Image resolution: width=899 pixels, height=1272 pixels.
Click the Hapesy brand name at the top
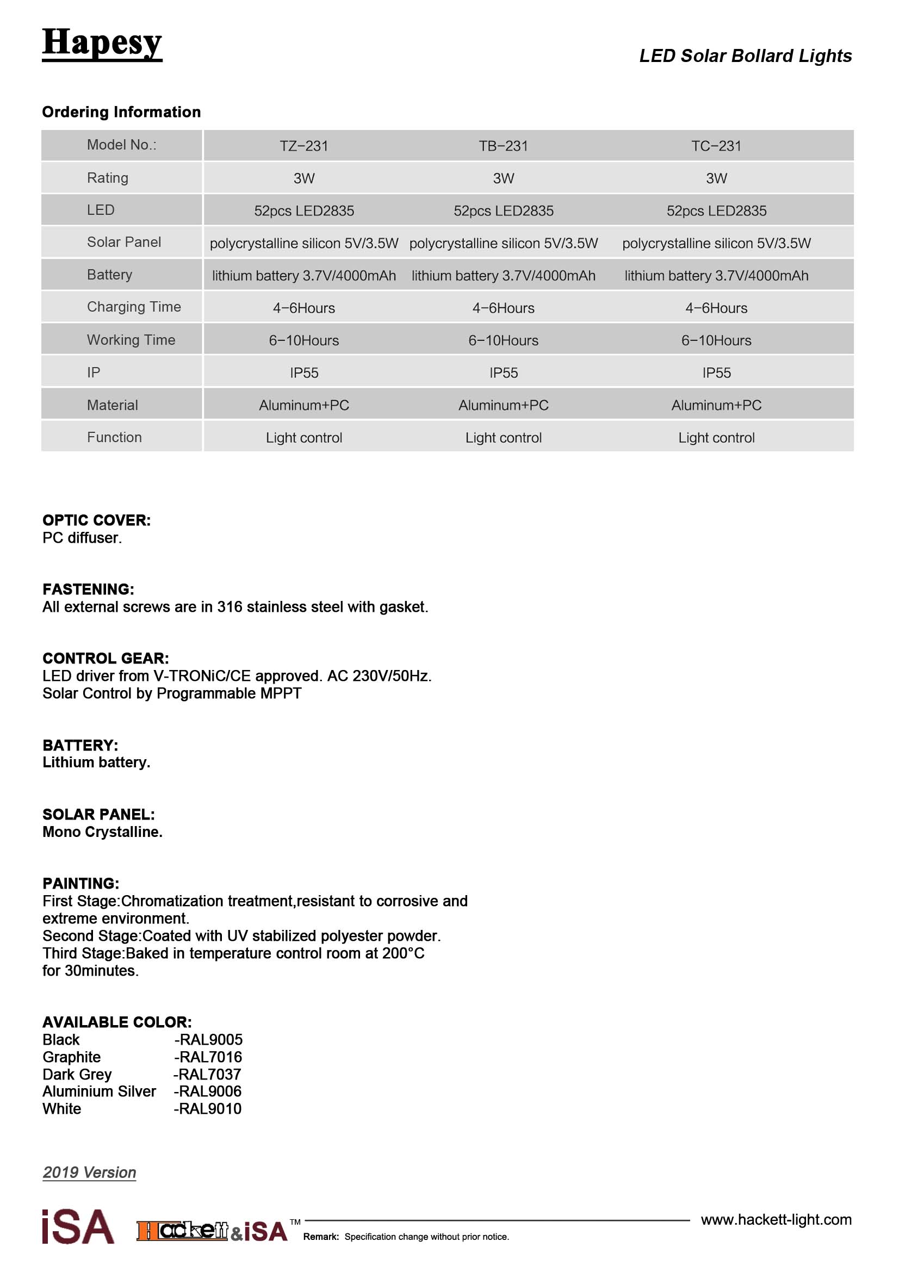(x=102, y=43)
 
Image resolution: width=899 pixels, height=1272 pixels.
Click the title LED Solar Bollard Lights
(x=745, y=56)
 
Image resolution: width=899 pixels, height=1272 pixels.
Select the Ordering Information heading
(x=121, y=112)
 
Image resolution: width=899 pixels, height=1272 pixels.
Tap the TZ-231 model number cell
(x=303, y=146)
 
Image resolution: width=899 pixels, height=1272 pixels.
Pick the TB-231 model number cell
(x=503, y=146)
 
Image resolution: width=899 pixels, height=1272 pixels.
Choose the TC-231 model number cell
(x=716, y=146)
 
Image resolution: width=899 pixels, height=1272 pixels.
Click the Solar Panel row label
(x=123, y=242)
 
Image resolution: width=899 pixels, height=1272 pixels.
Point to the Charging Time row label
(x=133, y=307)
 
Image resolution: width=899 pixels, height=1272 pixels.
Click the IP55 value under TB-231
(x=503, y=373)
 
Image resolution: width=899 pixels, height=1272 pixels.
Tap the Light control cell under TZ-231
(x=303, y=438)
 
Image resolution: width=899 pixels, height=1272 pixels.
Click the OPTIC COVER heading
(x=96, y=520)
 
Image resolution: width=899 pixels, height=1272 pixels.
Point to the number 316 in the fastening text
(x=230, y=607)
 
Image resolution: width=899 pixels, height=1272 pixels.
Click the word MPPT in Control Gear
(x=283, y=693)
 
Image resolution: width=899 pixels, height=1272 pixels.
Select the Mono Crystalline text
(x=102, y=832)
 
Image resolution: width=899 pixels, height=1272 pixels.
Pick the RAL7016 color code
(x=210, y=1057)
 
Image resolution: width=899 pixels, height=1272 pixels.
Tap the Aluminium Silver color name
(x=99, y=1091)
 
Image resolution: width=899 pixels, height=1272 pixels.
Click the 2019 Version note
(x=89, y=1172)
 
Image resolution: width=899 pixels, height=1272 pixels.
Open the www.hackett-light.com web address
(x=776, y=1220)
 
